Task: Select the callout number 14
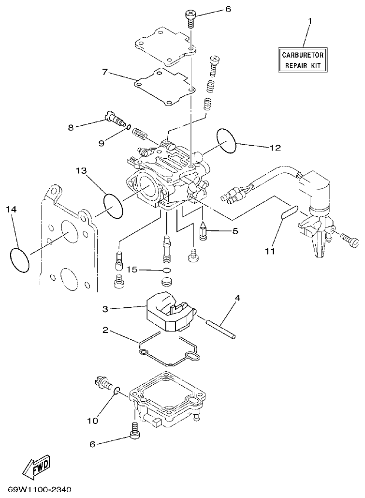11,209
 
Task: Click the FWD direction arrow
36,466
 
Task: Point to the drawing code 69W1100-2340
40,489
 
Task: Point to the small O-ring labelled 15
167,270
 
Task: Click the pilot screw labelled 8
113,118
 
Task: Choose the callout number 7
104,72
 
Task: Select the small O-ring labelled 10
117,389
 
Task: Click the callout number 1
309,21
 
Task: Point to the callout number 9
102,143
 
